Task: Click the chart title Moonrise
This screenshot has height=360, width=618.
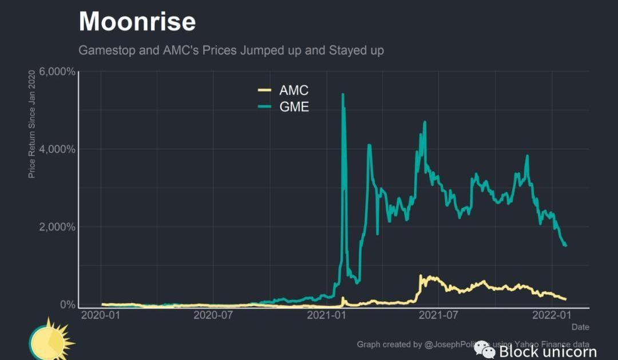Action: point(137,22)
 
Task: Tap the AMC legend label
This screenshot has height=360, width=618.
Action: point(294,90)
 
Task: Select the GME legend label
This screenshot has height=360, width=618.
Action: point(294,106)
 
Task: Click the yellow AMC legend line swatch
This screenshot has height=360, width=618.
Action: point(264,90)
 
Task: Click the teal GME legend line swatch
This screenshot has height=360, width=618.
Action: point(264,106)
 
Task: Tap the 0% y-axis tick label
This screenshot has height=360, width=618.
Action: point(68,304)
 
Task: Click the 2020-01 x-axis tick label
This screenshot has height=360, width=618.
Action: point(101,315)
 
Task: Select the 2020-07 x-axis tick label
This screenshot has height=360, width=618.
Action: point(213,315)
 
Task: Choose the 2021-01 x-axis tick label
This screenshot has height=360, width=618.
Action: point(327,315)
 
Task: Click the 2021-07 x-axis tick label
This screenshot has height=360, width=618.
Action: point(438,315)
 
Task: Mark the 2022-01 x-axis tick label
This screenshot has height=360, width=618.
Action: point(552,315)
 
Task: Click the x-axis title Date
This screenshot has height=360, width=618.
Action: point(580,327)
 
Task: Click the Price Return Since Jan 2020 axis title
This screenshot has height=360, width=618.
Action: point(32,124)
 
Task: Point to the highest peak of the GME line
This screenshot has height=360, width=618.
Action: point(343,94)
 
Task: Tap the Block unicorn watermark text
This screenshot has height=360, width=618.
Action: point(548,351)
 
